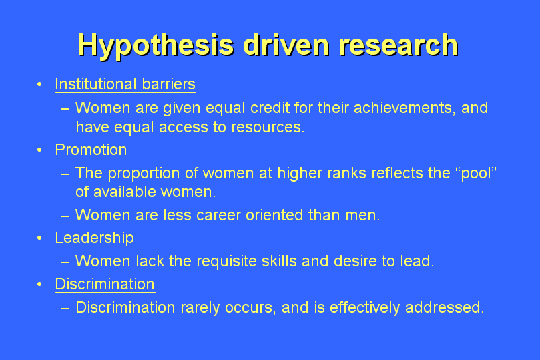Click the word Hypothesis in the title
[x=156, y=46]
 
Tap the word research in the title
[x=398, y=45]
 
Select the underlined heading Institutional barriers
[x=125, y=84]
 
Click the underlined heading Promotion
[x=91, y=150]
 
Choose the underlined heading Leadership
[x=94, y=238]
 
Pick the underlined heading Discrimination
[x=105, y=285]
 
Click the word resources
[x=268, y=128]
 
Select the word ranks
[x=346, y=173]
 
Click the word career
[x=218, y=216]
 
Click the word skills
[x=279, y=261]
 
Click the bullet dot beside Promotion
[x=39, y=150]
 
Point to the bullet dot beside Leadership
[x=39, y=238]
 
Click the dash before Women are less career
[x=65, y=216]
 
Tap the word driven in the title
[x=286, y=45]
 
